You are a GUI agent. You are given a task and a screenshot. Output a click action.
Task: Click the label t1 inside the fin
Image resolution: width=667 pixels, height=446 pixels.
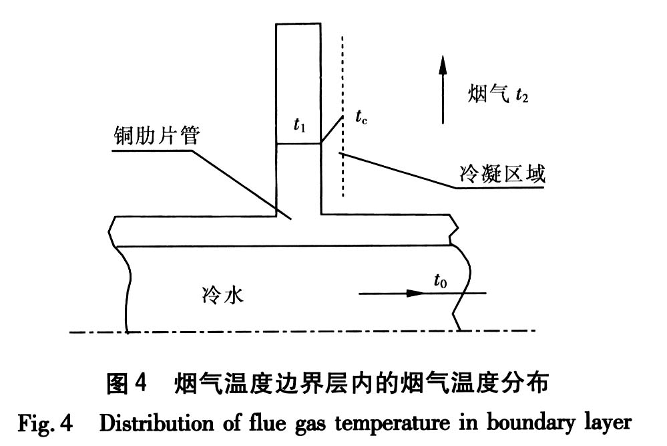[x=300, y=125]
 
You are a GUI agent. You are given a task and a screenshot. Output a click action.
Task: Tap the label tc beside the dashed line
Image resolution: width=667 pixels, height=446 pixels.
[x=361, y=116]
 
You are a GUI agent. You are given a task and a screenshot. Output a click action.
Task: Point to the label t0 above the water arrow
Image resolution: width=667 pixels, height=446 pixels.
[x=440, y=281]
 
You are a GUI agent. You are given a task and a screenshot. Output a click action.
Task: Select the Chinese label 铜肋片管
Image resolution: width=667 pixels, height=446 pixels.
[x=157, y=136]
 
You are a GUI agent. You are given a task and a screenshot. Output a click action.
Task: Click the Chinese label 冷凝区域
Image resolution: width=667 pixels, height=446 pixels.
[x=502, y=174]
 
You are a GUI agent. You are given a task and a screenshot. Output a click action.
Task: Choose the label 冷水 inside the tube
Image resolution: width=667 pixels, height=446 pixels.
[x=222, y=295]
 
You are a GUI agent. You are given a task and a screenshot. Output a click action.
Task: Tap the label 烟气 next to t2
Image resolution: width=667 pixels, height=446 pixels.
[x=489, y=94]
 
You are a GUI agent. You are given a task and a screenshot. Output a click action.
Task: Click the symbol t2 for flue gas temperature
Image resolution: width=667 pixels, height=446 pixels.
[x=521, y=96]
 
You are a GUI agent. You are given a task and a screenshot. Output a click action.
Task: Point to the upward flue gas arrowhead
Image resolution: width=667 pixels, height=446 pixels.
[x=443, y=65]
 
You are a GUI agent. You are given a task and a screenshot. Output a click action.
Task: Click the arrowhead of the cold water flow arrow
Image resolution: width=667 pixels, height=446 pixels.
[x=415, y=293]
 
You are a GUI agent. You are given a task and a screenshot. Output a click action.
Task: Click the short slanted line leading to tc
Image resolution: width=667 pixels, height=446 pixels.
[x=332, y=129]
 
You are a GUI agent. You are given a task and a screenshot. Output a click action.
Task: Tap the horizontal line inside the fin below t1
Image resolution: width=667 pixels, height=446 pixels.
[x=298, y=144]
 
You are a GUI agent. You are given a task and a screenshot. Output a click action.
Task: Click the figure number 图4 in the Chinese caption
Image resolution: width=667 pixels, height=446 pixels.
[x=126, y=383]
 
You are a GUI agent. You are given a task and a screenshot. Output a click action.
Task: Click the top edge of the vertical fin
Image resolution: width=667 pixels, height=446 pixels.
[x=298, y=24]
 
